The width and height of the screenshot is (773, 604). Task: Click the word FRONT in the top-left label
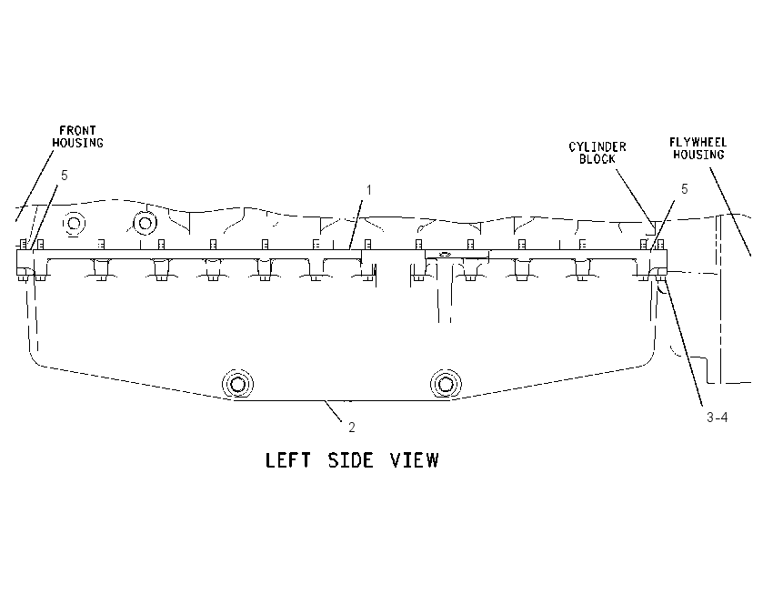77,131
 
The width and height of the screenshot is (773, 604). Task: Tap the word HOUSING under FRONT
78,143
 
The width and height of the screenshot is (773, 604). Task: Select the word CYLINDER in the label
597,147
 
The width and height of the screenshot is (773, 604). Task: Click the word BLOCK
597,159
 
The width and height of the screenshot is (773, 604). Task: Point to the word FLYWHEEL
698,143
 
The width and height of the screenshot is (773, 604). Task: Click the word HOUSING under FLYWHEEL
698,155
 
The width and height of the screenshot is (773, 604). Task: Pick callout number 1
368,190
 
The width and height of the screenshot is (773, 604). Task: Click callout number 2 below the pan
352,428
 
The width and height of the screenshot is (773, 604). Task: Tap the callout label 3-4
717,418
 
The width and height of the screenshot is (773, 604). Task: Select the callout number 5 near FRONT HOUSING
64,176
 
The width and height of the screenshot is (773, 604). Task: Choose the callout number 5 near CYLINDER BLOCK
684,189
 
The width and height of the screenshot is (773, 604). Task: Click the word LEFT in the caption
288,460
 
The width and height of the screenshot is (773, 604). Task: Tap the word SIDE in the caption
350,460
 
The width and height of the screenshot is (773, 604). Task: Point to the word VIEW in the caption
414,460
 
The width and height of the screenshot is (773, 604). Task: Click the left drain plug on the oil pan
237,384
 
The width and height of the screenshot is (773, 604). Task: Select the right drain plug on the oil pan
446,384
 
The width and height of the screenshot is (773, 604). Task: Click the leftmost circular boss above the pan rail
75,224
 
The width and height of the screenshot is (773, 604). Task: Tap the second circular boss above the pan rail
145,224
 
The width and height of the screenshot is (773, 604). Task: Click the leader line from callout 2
333,411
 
